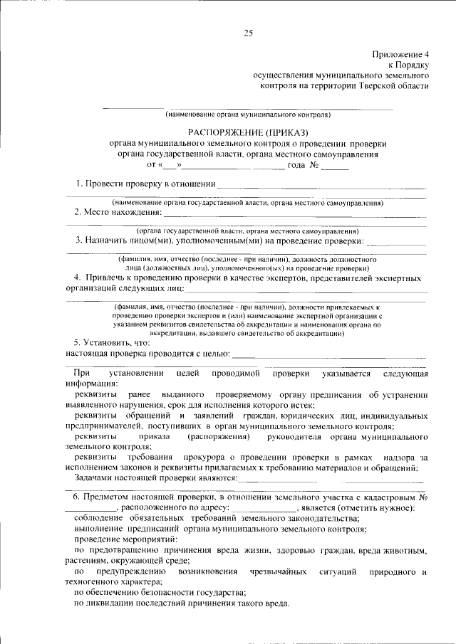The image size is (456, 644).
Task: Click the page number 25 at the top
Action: (x=249, y=32)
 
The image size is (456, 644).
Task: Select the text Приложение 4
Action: (x=400, y=54)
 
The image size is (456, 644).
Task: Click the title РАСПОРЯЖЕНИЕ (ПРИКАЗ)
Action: (x=248, y=132)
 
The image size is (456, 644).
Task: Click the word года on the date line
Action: (x=296, y=165)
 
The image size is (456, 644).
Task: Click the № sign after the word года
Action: (x=314, y=165)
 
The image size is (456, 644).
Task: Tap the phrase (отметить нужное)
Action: (x=375, y=507)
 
